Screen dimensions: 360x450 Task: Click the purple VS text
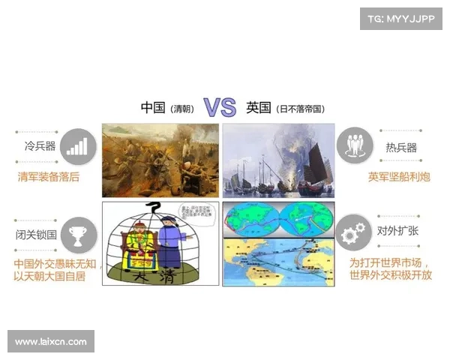click(x=220, y=108)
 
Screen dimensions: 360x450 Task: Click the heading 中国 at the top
click(x=154, y=108)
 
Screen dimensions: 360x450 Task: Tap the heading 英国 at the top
click(x=259, y=108)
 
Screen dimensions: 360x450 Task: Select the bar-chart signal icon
click(x=78, y=145)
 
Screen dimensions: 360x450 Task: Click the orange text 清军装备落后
click(x=49, y=177)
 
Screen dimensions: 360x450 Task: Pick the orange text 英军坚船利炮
click(x=399, y=177)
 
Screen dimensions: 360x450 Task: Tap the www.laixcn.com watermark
click(x=51, y=342)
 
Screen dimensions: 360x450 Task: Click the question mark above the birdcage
click(x=155, y=208)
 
